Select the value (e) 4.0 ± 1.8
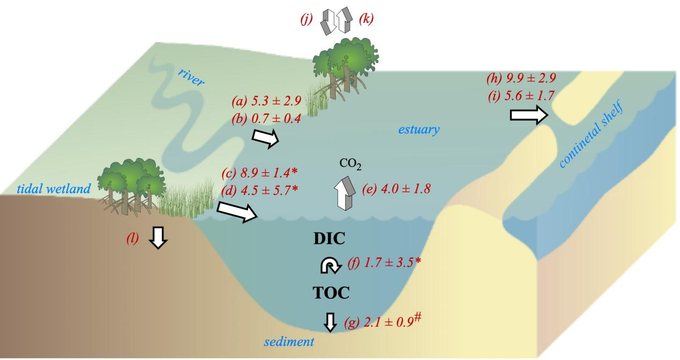(x=396, y=189)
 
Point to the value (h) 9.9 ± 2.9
(x=520, y=79)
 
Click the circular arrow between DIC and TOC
(x=328, y=265)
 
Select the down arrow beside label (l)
(x=158, y=236)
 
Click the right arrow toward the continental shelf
(x=528, y=115)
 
